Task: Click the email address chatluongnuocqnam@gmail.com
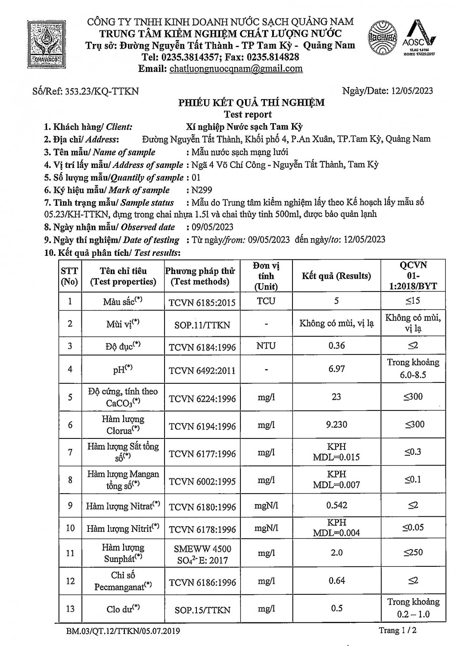pyautogui.click(x=236, y=68)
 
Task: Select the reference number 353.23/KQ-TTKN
pyautogui.click(x=102, y=91)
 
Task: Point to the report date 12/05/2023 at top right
pyautogui.click(x=412, y=90)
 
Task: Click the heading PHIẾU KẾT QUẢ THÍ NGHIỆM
pyautogui.click(x=252, y=102)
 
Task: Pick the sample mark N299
pyautogui.click(x=202, y=190)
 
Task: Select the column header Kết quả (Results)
pyautogui.click(x=336, y=276)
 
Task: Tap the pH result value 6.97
pyautogui.click(x=336, y=369)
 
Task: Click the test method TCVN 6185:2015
pyautogui.click(x=202, y=302)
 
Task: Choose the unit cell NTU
pyautogui.click(x=266, y=345)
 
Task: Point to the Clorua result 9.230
pyautogui.click(x=336, y=424)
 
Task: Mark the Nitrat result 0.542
pyautogui.click(x=336, y=505)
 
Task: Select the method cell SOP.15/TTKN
pyautogui.click(x=202, y=610)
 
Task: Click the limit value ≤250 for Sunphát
pyautogui.click(x=413, y=552)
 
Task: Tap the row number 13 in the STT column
pyautogui.click(x=70, y=609)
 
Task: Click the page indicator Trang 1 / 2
pyautogui.click(x=397, y=630)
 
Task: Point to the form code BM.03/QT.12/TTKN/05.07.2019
pyautogui.click(x=123, y=631)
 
